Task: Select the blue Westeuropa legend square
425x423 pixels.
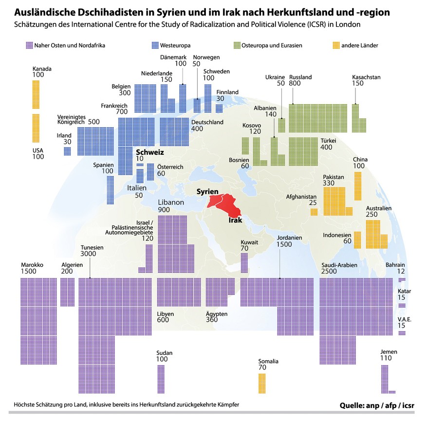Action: [x=155, y=45]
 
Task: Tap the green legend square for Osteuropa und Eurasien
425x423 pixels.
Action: [x=249, y=45]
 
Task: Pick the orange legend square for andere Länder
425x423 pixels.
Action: [x=335, y=45]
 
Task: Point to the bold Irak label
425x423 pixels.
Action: [x=236, y=220]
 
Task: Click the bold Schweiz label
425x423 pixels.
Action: [x=149, y=152]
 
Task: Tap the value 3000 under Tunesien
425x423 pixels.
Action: [x=88, y=255]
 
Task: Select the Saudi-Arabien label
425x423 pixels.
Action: [x=339, y=265]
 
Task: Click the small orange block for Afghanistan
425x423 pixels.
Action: [x=314, y=212]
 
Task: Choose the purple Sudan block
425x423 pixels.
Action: [x=161, y=379]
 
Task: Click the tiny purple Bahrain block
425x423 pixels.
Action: [x=402, y=280]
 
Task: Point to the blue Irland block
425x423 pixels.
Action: [x=67, y=151]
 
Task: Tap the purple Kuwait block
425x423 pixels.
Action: [x=244, y=263]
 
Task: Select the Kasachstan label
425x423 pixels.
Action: [x=366, y=77]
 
